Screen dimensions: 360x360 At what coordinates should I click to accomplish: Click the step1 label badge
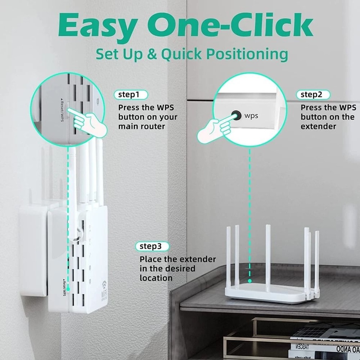click(x=131, y=95)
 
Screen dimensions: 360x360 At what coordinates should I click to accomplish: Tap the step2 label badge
click(x=313, y=95)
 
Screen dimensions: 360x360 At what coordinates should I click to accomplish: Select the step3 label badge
click(x=152, y=247)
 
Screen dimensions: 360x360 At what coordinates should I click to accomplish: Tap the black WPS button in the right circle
click(x=236, y=115)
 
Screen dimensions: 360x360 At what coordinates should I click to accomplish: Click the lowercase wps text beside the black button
click(x=251, y=116)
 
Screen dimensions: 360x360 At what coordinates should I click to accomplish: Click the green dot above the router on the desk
click(x=249, y=280)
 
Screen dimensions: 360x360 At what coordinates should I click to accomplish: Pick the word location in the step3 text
click(x=156, y=278)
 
